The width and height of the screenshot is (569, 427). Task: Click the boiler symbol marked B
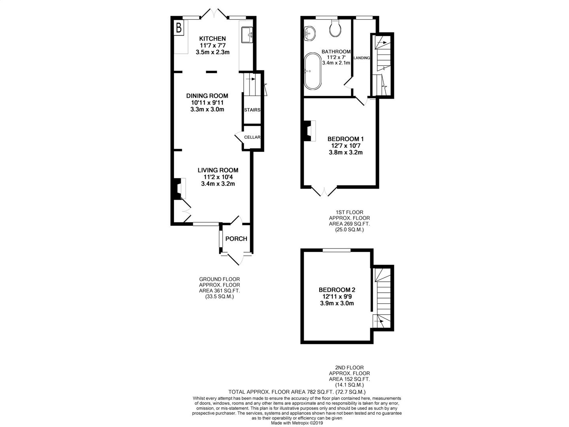pyautogui.click(x=179, y=28)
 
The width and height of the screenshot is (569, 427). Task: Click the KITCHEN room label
pyautogui.click(x=212, y=39)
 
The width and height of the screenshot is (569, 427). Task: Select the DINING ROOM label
pyautogui.click(x=207, y=96)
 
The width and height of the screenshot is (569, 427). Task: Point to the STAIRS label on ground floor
pyautogui.click(x=252, y=110)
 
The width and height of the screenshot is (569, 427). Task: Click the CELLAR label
pyautogui.click(x=252, y=137)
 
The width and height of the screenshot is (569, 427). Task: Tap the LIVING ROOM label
pyautogui.click(x=218, y=170)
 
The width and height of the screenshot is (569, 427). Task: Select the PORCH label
pyautogui.click(x=236, y=239)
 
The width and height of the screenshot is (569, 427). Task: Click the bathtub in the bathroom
pyautogui.click(x=313, y=72)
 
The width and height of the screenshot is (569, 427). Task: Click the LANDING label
pyautogui.click(x=362, y=58)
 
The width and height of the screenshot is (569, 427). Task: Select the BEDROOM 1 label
pyautogui.click(x=345, y=139)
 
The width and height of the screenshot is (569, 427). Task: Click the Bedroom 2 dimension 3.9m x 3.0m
pyautogui.click(x=337, y=303)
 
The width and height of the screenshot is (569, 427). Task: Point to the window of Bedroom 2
pyautogui.click(x=337, y=250)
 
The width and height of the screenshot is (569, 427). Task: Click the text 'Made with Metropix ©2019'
pyautogui.click(x=297, y=423)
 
